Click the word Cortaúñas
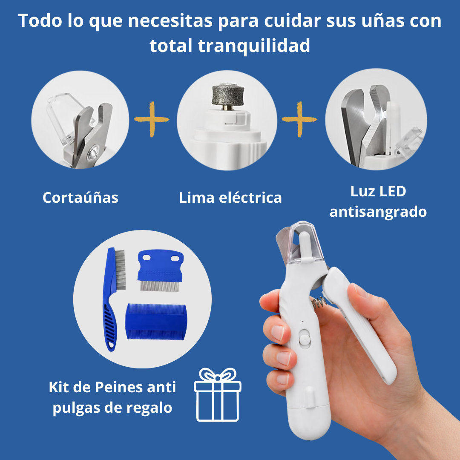(x=80, y=198)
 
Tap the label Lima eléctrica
(x=230, y=198)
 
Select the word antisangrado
(x=378, y=211)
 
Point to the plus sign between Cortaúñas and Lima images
(x=151, y=119)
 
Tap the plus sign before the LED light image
(x=299, y=119)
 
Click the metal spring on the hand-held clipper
(x=320, y=303)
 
